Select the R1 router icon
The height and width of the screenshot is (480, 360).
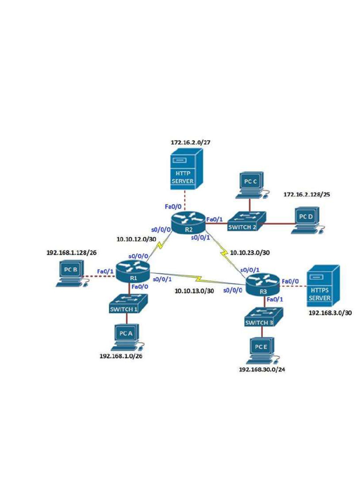pyautogui.click(x=133, y=271)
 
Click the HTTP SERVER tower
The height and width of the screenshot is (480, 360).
pyautogui.click(x=186, y=170)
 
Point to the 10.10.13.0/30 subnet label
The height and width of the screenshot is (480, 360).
pyautogui.click(x=194, y=291)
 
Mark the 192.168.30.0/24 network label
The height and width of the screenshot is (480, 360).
pyautogui.click(x=262, y=370)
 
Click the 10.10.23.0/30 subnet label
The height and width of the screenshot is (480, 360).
pyautogui.click(x=250, y=253)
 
